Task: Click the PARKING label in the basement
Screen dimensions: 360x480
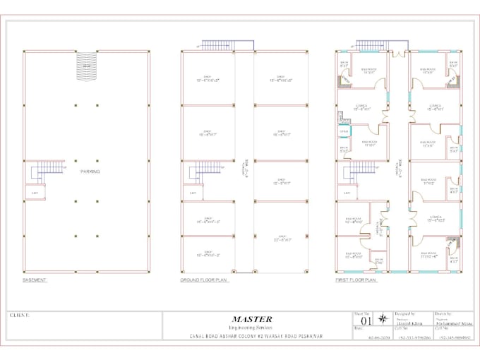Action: pyautogui.click(x=90, y=172)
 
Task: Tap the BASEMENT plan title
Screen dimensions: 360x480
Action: pyautogui.click(x=35, y=280)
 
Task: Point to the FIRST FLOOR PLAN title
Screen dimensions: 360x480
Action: pyautogui.click(x=356, y=280)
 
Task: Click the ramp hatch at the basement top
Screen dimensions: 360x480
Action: pyautogui.click(x=87, y=67)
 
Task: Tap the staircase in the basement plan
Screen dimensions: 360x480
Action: pyautogui.click(x=49, y=169)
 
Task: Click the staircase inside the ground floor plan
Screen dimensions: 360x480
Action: pyautogui.click(x=205, y=169)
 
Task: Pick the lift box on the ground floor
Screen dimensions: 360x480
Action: pyautogui.click(x=191, y=192)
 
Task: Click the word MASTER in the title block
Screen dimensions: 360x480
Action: pyautogui.click(x=251, y=319)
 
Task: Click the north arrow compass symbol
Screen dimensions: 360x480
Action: pyautogui.click(x=383, y=319)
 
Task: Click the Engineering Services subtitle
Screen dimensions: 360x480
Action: pyautogui.click(x=251, y=328)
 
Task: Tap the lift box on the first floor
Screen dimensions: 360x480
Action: pyautogui.click(x=345, y=192)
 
